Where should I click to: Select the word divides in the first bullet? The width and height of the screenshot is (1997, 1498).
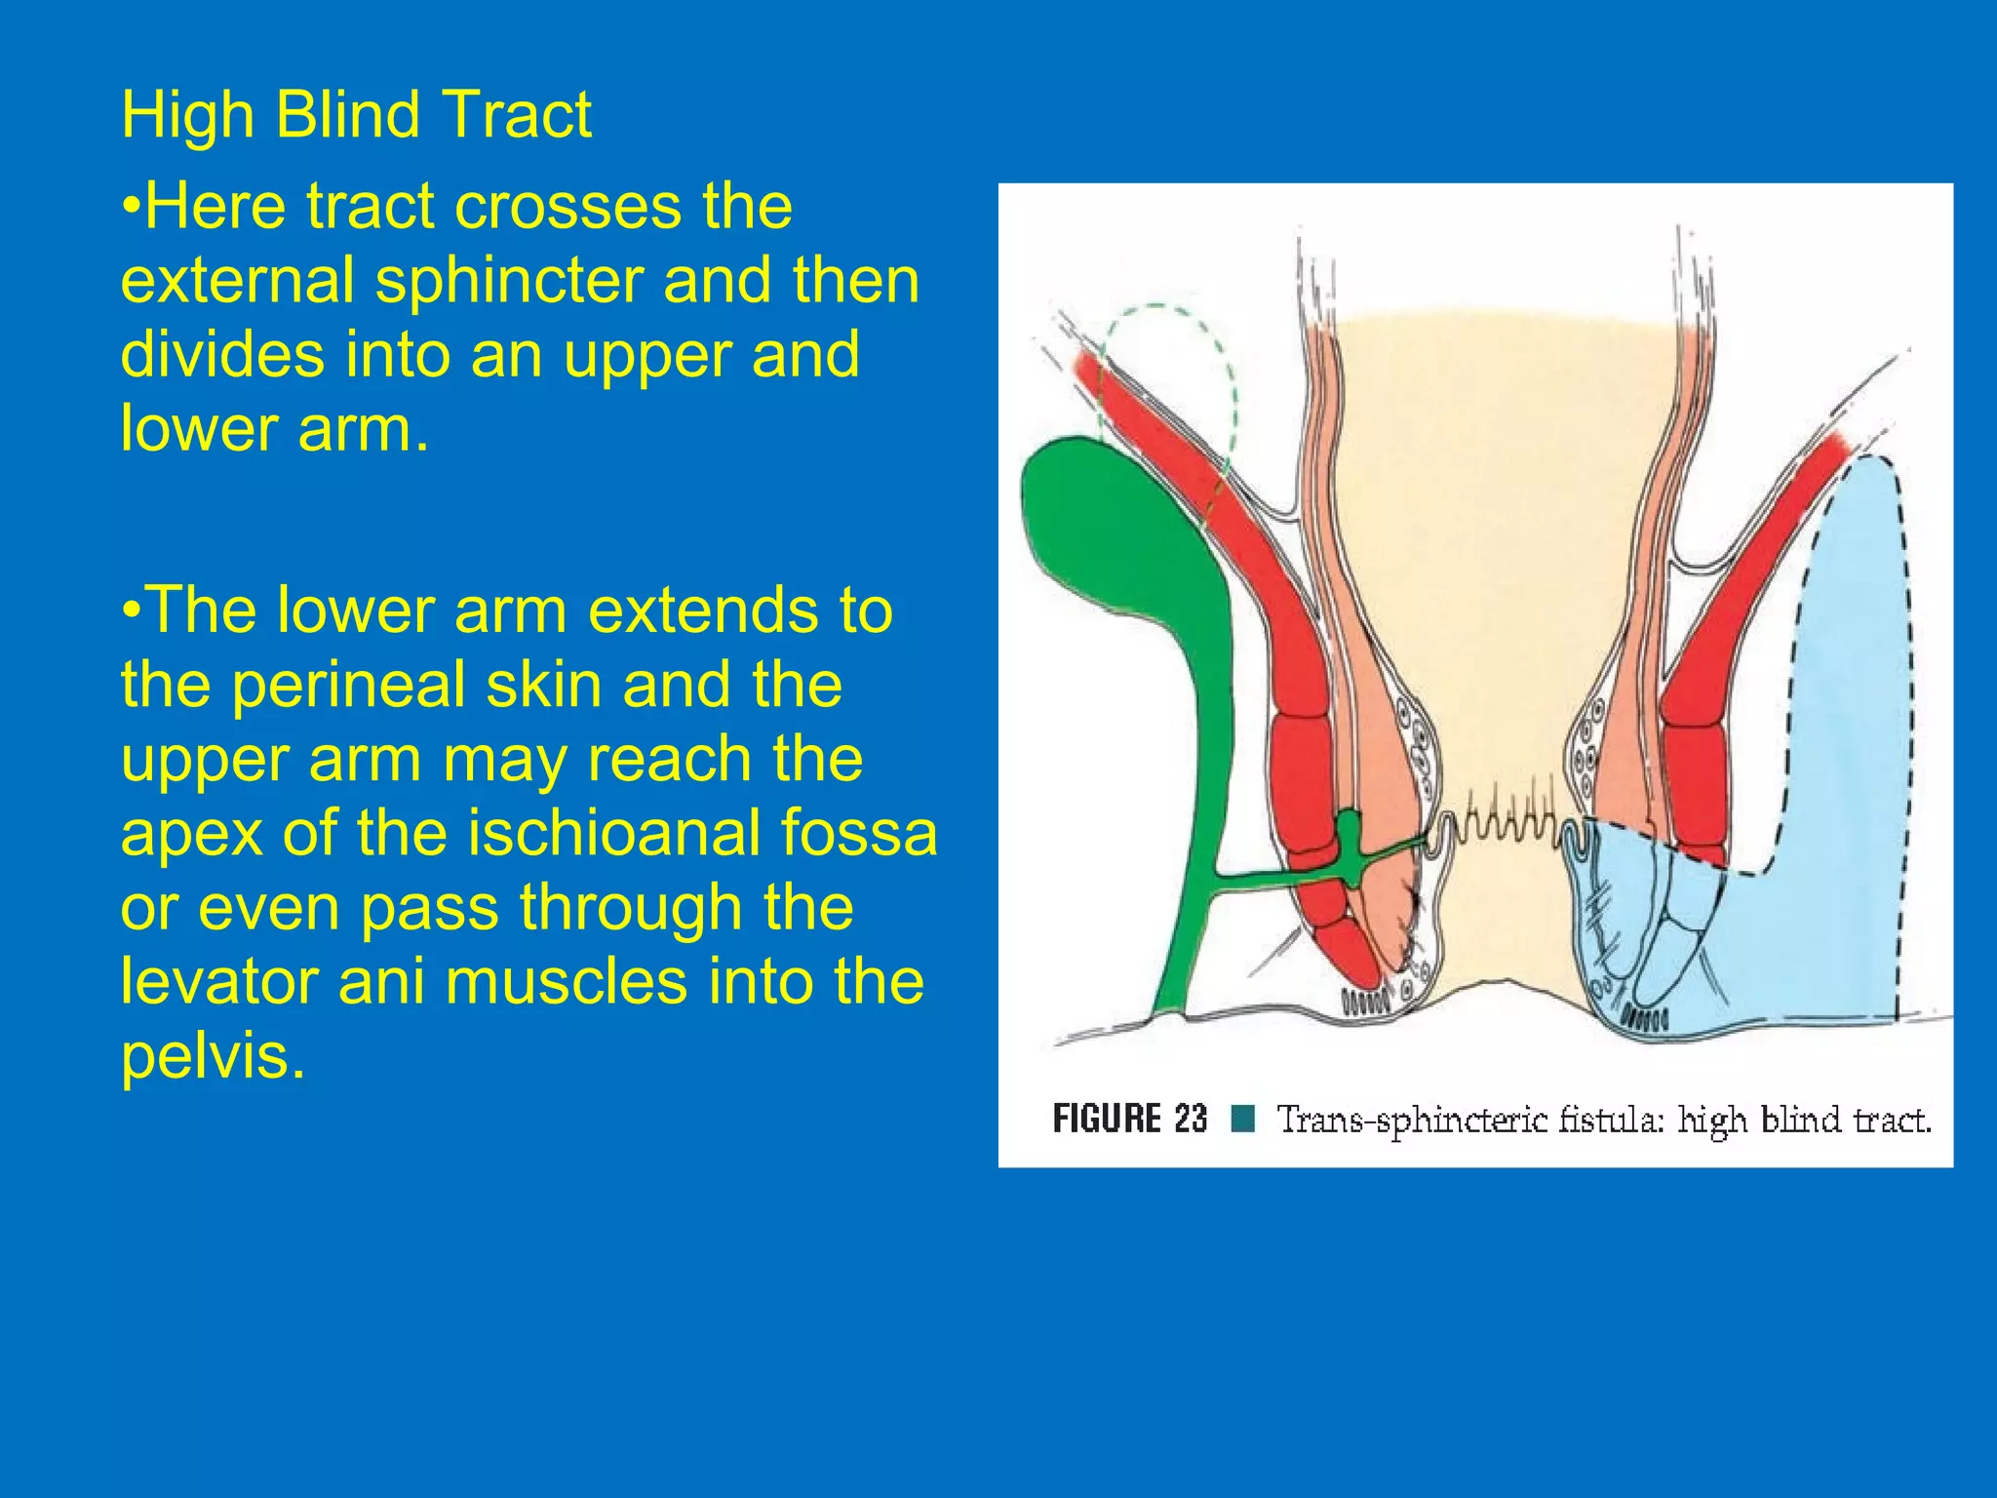tap(222, 354)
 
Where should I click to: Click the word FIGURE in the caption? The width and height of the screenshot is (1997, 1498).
tap(1107, 1119)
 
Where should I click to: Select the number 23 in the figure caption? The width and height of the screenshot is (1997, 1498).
tap(1191, 1119)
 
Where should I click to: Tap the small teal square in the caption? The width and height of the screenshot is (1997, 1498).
tap(1242, 1119)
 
